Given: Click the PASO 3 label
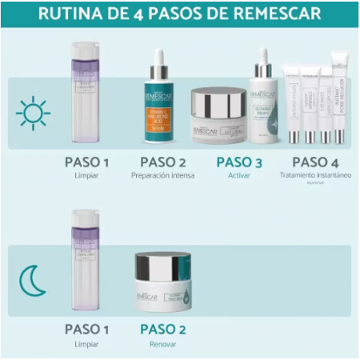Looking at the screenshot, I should (240, 162).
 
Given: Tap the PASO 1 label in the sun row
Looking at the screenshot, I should (87, 162).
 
